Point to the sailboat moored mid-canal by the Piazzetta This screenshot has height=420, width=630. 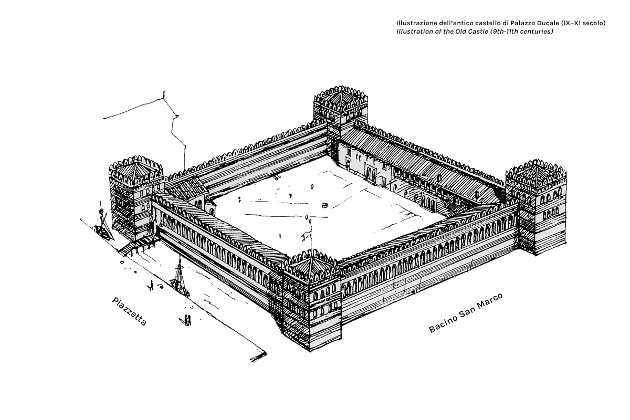[180, 278]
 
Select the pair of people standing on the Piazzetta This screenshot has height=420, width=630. [187, 320]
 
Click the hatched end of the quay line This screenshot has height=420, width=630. [258, 356]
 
